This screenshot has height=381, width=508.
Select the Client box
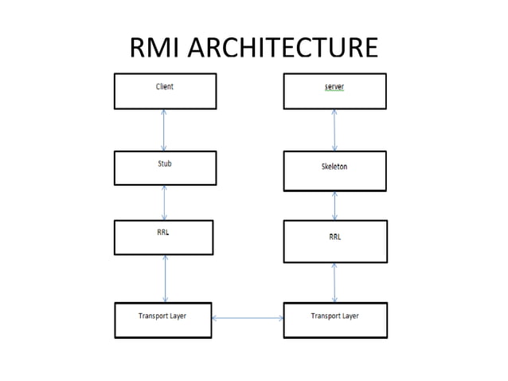pos(165,91)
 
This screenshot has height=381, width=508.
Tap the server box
pos(334,91)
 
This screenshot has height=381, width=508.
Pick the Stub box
pos(165,167)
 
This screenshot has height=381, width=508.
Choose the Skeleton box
pos(334,171)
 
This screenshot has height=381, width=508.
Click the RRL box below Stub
pos(163,238)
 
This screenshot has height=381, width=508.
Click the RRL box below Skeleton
pos(334,241)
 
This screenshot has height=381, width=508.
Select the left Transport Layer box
pos(162,320)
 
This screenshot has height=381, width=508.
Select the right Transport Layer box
pos(334,320)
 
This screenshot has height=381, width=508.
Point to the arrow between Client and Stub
pos(164,130)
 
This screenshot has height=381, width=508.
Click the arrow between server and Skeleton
pos(334,130)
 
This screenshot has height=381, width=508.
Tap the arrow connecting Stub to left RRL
pos(164,202)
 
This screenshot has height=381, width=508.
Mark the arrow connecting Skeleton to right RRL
pos(334,206)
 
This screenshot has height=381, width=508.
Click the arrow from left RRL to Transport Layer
pos(165,278)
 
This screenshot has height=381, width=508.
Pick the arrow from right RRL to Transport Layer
pos(334,282)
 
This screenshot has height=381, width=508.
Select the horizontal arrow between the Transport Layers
pos(247,318)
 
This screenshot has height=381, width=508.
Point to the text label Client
pos(164,86)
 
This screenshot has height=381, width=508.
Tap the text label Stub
pos(164,163)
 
